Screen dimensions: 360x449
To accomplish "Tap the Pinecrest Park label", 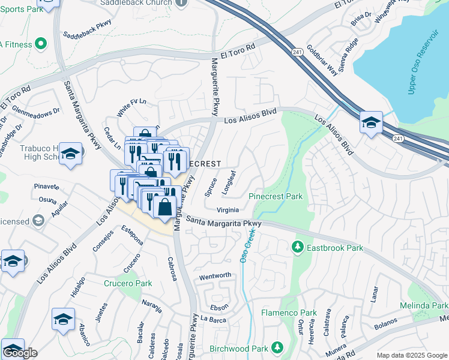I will tap(276, 196).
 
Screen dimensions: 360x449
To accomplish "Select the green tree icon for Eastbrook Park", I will tap(297, 247).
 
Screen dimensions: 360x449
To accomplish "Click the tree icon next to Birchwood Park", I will tap(277, 347).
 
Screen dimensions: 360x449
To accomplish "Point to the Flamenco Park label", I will tap(289, 313).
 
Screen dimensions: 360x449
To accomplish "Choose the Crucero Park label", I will tap(128, 283).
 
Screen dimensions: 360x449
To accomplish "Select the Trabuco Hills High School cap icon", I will tap(70, 154).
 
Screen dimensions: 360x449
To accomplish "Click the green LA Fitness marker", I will tap(40, 43).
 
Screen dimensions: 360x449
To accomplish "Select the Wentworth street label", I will tap(215, 275).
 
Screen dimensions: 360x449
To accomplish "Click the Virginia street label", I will tap(228, 209).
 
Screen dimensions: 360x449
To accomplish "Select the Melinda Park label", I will tap(424, 306).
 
